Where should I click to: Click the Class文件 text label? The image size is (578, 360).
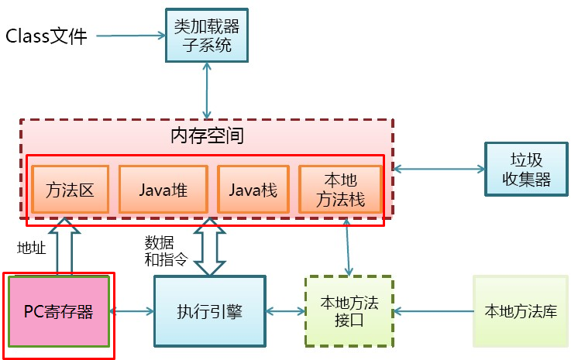pos(47,36)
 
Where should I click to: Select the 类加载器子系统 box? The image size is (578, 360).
pos(207,36)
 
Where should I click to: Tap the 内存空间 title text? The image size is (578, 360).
pos(207,136)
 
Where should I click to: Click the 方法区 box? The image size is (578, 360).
pos(70,189)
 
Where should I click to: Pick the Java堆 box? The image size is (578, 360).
pos(163,189)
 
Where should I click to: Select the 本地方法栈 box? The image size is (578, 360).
pos(341,189)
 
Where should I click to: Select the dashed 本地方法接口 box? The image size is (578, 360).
pos(348,311)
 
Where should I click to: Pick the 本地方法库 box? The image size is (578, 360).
pos(520,311)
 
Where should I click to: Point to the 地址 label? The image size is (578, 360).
pos(32,248)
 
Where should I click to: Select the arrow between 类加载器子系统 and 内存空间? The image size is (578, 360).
pos(207,91)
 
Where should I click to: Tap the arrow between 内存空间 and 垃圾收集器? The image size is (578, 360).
pos(439,168)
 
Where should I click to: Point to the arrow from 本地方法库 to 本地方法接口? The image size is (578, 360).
pos(434,311)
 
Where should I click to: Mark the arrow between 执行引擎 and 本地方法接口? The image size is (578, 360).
pos(284,311)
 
